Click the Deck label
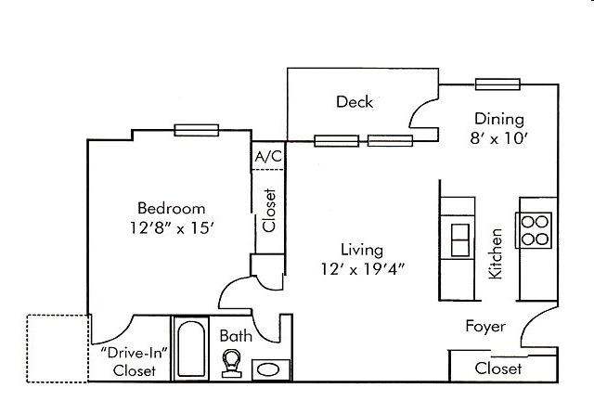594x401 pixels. (x=355, y=101)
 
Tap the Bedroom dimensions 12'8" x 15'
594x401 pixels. (x=173, y=228)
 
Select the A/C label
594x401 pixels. (x=268, y=156)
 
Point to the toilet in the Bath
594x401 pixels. (x=231, y=364)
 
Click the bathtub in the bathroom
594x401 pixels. (x=191, y=349)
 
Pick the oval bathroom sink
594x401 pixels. (x=271, y=369)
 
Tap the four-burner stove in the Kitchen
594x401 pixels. (x=535, y=230)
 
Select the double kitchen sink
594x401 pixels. (x=460, y=239)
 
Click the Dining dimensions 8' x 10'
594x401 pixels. (x=499, y=138)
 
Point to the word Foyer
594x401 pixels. (x=485, y=327)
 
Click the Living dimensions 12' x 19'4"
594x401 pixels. (x=363, y=269)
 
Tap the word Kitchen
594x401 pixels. (x=496, y=253)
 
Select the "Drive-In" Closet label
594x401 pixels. (x=134, y=362)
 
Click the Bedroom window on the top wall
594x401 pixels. (x=196, y=130)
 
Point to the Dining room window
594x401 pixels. (x=497, y=84)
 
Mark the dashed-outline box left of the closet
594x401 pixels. (x=58, y=348)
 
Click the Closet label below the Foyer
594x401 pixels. (x=498, y=369)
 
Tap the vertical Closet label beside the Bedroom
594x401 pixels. (x=269, y=211)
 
